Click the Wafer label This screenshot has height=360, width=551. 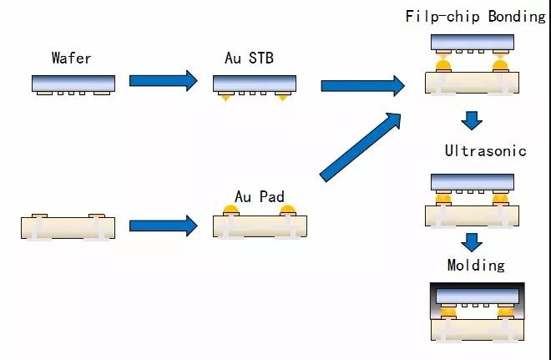(71, 58)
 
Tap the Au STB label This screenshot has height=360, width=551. (249, 58)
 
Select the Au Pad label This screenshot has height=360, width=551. (260, 196)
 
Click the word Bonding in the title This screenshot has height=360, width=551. (517, 17)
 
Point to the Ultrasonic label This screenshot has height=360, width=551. (486, 151)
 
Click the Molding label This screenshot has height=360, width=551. (476, 265)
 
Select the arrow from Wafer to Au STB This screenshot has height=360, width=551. (164, 80)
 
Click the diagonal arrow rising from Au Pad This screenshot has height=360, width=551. (361, 147)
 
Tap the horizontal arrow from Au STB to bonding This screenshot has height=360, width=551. (363, 86)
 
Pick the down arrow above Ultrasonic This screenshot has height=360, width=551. (472, 120)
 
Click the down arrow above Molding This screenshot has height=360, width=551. (472, 242)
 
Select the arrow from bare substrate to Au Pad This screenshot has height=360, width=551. (164, 226)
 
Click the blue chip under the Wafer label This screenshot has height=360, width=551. (73, 84)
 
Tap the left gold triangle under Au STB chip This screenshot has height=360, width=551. (225, 98)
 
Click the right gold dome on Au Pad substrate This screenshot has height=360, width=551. (288, 210)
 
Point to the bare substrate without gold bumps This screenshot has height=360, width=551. (68, 227)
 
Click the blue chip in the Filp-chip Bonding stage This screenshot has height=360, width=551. (473, 43)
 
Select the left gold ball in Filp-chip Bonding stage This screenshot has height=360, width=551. (443, 64)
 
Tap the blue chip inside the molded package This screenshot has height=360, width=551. (478, 297)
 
